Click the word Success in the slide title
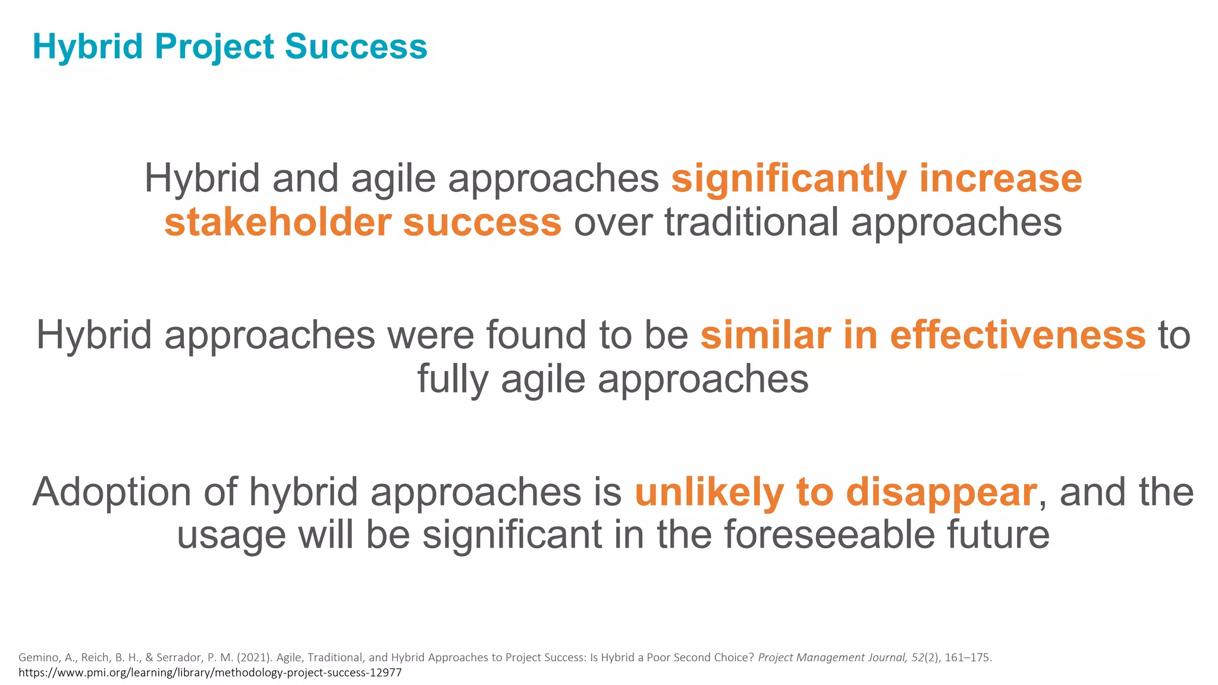[x=356, y=46]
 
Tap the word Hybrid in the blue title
[x=87, y=46]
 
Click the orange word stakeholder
[x=277, y=222]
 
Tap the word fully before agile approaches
[x=453, y=379]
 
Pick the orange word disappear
[x=941, y=492]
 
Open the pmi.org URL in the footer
[x=210, y=673]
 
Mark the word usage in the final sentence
[x=231, y=535]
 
